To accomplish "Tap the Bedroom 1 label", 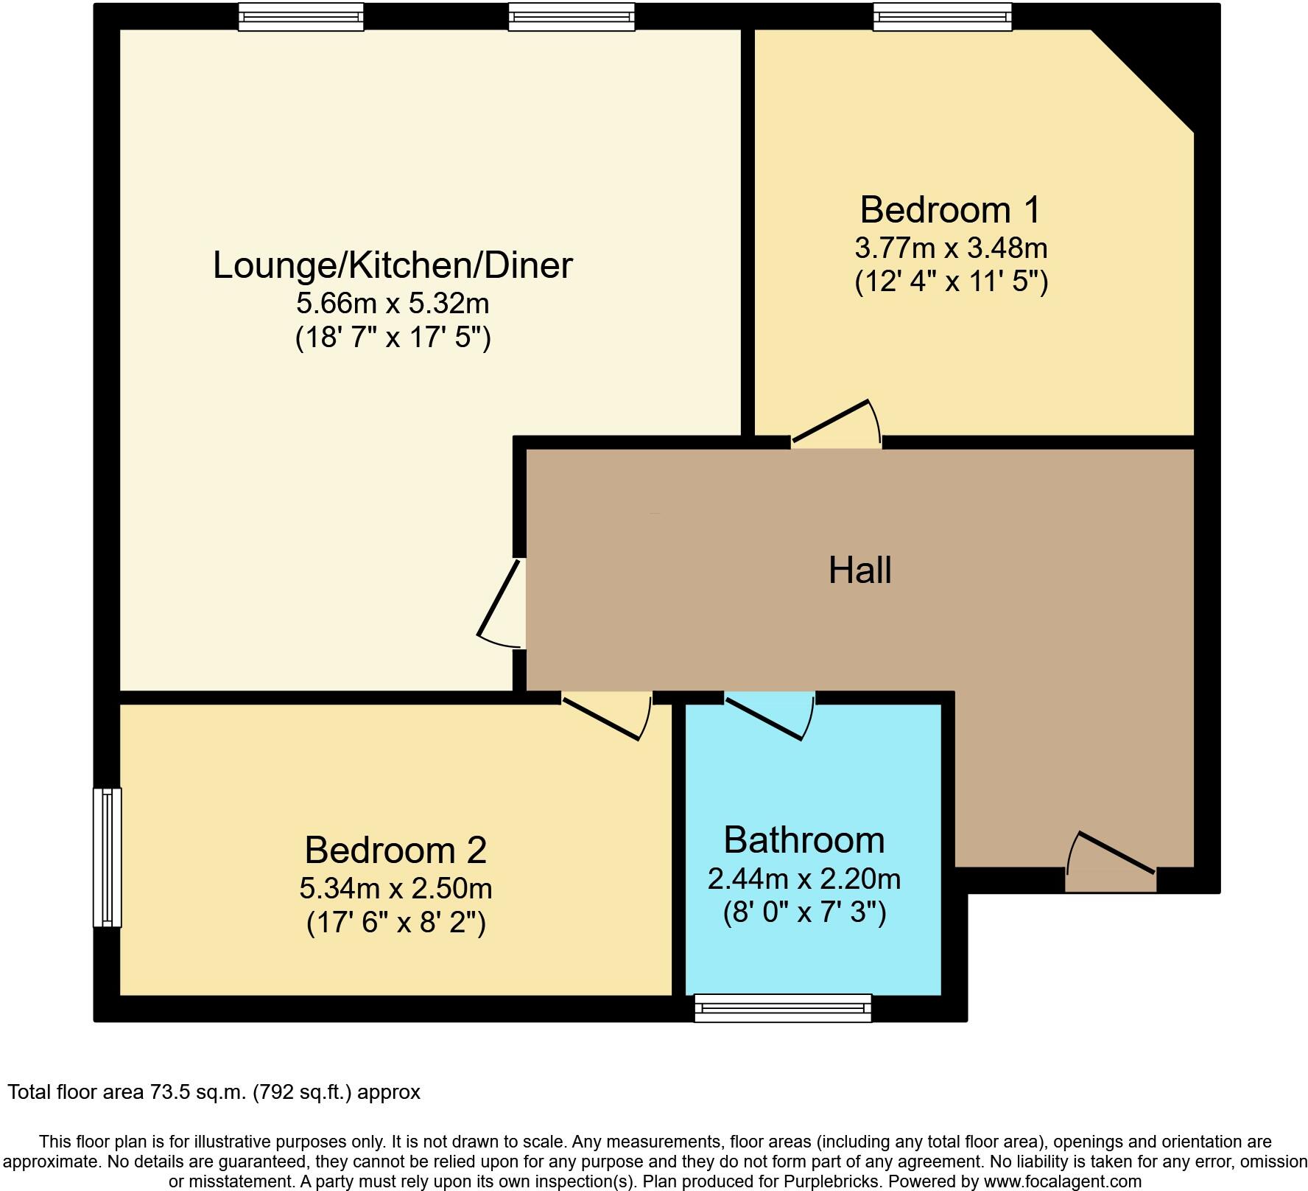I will (x=950, y=210).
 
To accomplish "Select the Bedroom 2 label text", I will (x=395, y=851).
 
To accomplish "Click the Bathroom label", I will (x=804, y=840).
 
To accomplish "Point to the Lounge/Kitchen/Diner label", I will (x=393, y=266).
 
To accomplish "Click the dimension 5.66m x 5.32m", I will (x=393, y=303).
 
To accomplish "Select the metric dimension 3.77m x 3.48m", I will (x=951, y=248).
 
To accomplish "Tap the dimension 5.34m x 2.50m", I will (x=395, y=889).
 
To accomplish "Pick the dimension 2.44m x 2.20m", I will (x=804, y=879).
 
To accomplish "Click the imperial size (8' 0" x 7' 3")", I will (x=804, y=914).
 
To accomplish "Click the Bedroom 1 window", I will (x=942, y=17).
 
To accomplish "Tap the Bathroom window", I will (x=783, y=1007).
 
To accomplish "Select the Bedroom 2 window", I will (x=108, y=857).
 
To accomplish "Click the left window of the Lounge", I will (x=301, y=17).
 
